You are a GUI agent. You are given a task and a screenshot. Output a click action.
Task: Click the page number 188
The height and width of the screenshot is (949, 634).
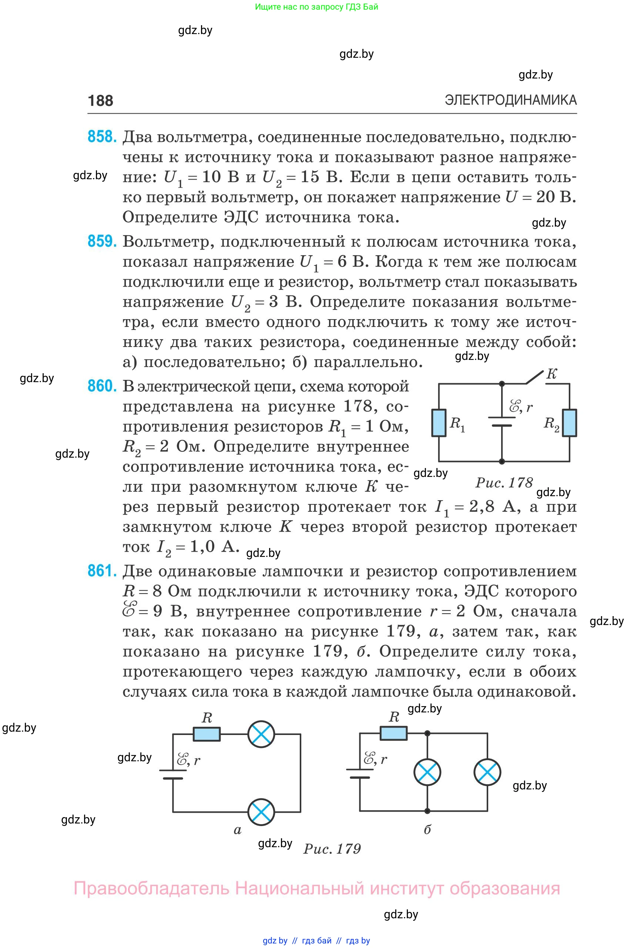click(100, 101)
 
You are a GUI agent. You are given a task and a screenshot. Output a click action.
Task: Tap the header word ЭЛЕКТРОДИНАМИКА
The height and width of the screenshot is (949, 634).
click(510, 100)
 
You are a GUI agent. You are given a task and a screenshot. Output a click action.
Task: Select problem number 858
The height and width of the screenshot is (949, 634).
click(102, 137)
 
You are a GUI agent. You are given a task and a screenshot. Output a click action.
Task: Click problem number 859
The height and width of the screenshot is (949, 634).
click(102, 241)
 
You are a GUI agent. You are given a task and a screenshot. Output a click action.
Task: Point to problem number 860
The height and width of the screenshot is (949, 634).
click(102, 386)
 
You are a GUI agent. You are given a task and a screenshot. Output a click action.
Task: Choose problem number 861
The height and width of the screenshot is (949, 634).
click(102, 571)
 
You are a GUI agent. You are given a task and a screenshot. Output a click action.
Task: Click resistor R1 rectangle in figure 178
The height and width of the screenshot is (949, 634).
click(439, 423)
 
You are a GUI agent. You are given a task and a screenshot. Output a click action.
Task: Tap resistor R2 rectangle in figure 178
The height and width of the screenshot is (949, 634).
click(570, 423)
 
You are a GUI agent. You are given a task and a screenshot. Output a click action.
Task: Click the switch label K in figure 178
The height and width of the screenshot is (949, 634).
click(551, 374)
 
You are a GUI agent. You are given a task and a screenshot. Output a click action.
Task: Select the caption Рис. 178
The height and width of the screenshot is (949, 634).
click(504, 482)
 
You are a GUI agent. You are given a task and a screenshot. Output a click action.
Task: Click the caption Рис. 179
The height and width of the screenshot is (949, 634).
click(332, 849)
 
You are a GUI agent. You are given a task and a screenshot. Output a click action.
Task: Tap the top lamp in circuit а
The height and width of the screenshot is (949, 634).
click(261, 734)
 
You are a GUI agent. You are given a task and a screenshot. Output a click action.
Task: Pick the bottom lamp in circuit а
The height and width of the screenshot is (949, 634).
click(261, 812)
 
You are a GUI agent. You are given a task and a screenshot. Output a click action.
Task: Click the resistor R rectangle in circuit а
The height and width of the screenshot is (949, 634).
click(207, 734)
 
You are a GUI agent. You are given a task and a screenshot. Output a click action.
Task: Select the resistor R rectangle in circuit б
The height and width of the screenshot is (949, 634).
click(393, 733)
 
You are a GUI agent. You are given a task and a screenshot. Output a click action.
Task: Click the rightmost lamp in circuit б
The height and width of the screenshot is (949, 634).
click(487, 772)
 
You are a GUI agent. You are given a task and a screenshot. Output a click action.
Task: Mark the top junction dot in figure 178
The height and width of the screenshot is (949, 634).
click(502, 384)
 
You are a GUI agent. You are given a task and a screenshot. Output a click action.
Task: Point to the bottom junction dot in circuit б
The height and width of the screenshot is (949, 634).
click(427, 811)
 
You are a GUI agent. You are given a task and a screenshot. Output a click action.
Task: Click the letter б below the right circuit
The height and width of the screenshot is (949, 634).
click(427, 830)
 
